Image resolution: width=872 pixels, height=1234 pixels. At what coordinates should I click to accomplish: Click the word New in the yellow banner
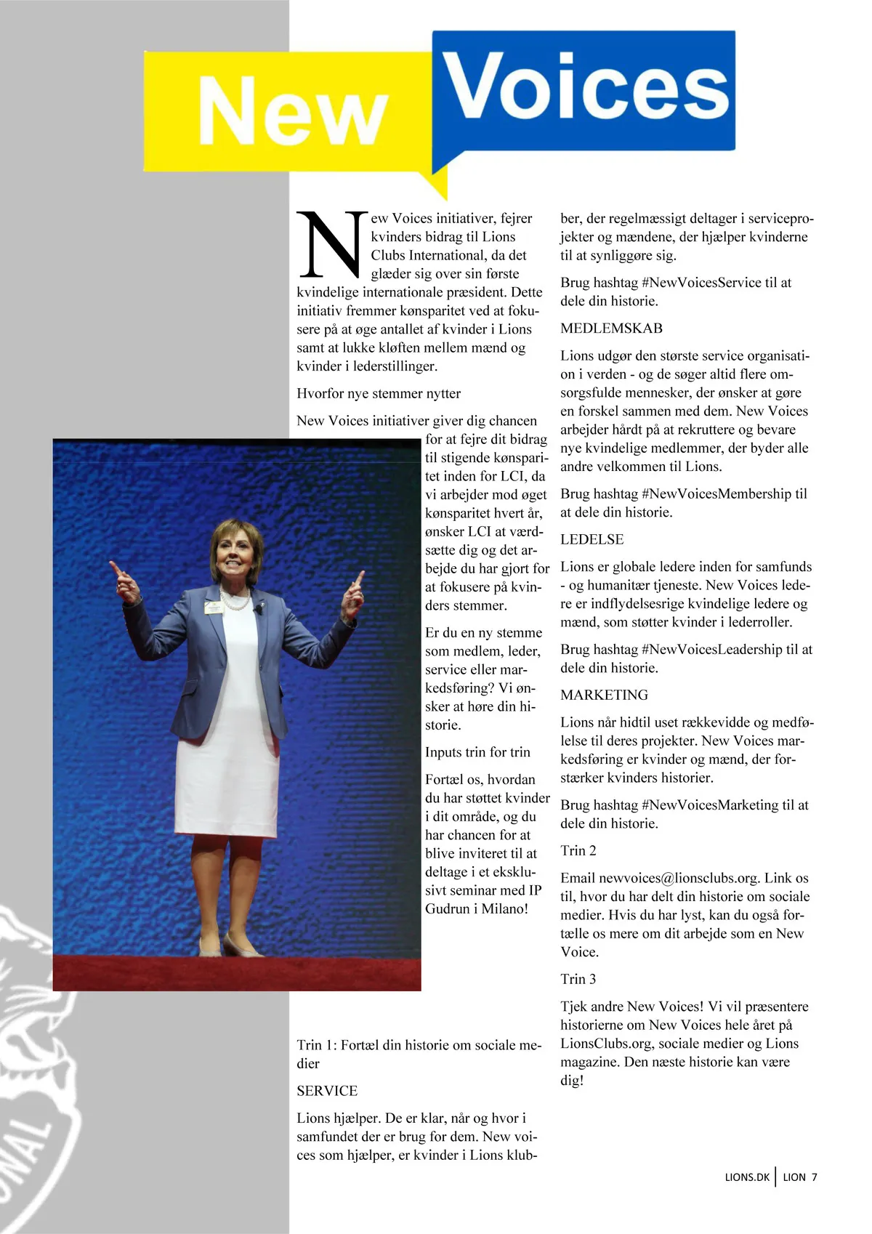(x=292, y=111)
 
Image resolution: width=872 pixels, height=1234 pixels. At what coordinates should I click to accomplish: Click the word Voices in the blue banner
(x=586, y=87)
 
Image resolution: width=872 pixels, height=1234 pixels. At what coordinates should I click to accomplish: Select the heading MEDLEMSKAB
(x=611, y=328)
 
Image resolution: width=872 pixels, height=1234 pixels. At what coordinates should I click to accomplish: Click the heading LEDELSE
(x=592, y=539)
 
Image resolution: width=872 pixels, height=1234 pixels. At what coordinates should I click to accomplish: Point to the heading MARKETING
(x=604, y=695)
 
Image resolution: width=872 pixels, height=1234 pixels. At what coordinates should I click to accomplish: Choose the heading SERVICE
(x=327, y=1091)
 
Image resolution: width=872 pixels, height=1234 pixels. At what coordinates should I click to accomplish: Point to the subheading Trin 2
(x=578, y=850)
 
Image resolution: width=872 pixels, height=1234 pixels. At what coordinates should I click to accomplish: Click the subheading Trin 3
(x=578, y=979)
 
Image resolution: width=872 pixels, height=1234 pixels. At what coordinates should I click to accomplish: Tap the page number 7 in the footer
(x=815, y=1177)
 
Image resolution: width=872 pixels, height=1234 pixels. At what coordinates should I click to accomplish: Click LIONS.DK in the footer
(x=746, y=1177)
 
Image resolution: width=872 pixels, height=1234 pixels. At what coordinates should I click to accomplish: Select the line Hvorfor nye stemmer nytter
(x=379, y=393)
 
